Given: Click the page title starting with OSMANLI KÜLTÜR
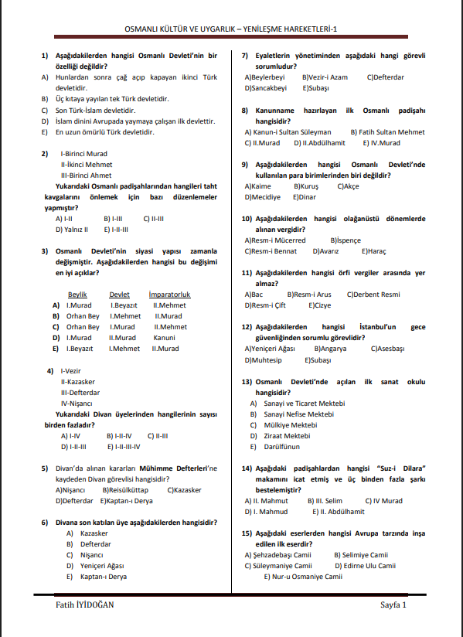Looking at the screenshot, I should [231, 29].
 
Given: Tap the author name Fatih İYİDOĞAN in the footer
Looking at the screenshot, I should [80, 604].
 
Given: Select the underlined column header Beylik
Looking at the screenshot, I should [77, 295].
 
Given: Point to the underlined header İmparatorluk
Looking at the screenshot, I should [169, 295].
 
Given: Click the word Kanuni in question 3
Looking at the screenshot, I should [164, 338].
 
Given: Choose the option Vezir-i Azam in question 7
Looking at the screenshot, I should [327, 77].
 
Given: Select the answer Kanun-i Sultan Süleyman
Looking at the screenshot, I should [288, 132].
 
